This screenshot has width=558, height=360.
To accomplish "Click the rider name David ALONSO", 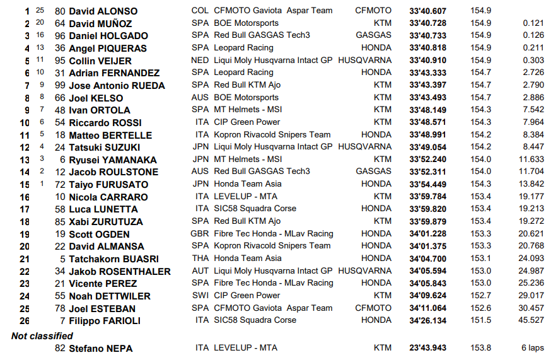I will point(103,11).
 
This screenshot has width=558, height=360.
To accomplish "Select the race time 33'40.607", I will point(427,11).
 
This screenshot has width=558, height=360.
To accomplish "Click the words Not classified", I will point(42,336).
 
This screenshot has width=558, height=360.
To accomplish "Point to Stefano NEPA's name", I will point(101,348).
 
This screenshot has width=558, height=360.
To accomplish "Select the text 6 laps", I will point(532,348).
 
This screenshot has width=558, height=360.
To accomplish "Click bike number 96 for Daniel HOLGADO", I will point(60,36).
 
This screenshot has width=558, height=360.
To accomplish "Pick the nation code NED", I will point(200,61).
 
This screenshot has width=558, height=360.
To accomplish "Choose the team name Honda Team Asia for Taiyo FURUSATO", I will point(248,184).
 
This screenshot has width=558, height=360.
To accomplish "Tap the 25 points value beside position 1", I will point(40,11).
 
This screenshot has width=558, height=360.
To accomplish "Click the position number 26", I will point(25,321).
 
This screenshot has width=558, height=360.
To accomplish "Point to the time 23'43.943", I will point(427,348).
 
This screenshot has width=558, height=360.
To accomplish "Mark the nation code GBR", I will point(201,234).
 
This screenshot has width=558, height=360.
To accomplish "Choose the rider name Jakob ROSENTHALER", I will point(120,272).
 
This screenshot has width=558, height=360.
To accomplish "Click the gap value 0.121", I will point(533,23).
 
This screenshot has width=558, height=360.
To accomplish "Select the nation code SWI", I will point(200,296).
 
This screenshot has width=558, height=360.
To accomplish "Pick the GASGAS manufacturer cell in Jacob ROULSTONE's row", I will point(373,172).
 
